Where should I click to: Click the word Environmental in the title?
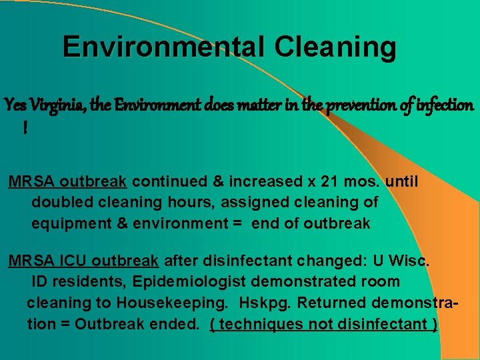click(163, 47)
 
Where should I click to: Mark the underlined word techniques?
click(266, 325)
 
